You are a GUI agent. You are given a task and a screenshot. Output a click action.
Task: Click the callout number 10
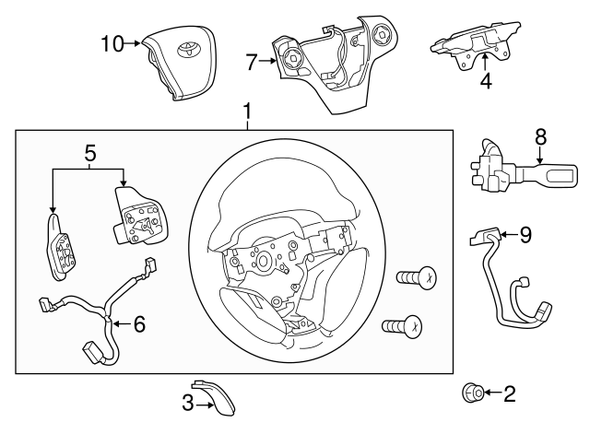coord(112,43)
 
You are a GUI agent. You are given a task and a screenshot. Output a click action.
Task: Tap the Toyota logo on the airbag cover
coord(185,50)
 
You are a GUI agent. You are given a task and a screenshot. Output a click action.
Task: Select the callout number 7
coord(252,62)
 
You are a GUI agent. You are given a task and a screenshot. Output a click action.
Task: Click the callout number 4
coord(486,81)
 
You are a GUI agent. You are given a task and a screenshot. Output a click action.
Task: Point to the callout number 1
coord(247,111)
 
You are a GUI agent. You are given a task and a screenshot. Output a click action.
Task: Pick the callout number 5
coord(90,154)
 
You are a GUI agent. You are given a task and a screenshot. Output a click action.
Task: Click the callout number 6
coord(139,324)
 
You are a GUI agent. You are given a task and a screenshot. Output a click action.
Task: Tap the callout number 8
coord(540,137)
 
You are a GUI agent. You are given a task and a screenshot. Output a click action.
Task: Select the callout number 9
coord(525,235)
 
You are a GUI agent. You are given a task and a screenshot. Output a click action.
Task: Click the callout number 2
coord(510,393)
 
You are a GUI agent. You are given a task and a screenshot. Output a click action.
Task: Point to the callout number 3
coord(188,404)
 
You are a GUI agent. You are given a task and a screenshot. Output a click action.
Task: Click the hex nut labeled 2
coord(473,393)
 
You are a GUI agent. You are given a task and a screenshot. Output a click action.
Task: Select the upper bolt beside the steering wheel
coord(417,278)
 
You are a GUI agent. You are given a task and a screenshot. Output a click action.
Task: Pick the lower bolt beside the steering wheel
coord(402,325)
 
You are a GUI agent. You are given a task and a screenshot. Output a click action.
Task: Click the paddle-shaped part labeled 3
coord(216,397)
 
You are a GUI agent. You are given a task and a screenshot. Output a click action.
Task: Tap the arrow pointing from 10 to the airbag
coord(133,43)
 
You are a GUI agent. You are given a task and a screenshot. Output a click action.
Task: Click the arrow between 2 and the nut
coord(493,393)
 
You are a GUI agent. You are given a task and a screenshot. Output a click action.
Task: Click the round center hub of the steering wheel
coord(263,261)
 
